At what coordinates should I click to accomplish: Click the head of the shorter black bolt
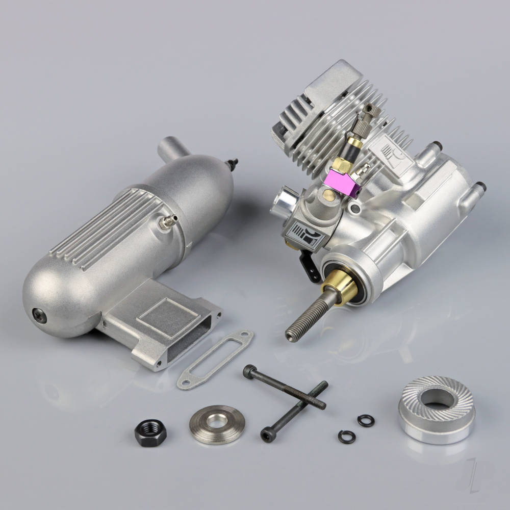coord(267,435)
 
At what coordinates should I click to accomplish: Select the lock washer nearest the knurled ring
coord(366,420)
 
